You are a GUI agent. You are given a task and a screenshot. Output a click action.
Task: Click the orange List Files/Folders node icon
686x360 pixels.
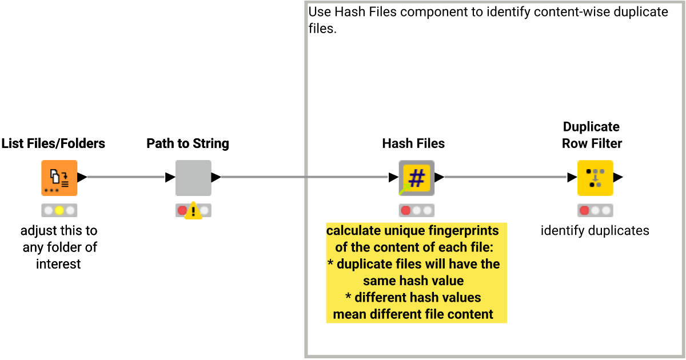(59, 178)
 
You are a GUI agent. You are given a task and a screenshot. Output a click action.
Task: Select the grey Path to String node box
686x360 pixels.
(193, 178)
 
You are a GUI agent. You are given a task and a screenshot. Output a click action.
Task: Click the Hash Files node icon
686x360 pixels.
(416, 178)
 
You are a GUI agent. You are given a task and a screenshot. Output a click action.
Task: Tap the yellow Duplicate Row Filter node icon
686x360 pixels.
(595, 178)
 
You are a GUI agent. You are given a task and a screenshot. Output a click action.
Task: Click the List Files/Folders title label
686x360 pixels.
(53, 143)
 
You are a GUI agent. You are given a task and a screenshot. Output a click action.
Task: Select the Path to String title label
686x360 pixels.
(188, 143)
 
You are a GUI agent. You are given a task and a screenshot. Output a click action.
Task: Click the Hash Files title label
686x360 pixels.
(413, 143)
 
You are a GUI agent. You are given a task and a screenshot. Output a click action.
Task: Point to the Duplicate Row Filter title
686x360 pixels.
(592, 135)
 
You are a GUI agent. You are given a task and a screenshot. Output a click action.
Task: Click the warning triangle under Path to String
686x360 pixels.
(193, 211)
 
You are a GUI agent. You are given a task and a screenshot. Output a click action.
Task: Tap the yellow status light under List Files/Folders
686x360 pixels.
(59, 210)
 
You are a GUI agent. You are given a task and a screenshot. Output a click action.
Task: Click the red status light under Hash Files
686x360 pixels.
(405, 210)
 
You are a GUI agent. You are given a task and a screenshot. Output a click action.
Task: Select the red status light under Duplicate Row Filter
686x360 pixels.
(584, 210)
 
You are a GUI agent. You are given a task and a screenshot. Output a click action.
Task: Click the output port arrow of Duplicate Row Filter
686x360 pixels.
(618, 178)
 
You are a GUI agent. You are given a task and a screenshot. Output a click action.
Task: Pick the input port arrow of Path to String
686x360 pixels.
(170, 178)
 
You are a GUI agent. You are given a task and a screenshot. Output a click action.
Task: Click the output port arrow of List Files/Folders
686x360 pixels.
(82, 178)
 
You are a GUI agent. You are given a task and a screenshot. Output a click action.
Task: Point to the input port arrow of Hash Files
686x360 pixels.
(393, 178)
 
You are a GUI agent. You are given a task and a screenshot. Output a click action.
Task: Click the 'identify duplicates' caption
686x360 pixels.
(595, 231)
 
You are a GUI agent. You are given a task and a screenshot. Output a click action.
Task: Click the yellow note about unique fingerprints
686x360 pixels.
(416, 273)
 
